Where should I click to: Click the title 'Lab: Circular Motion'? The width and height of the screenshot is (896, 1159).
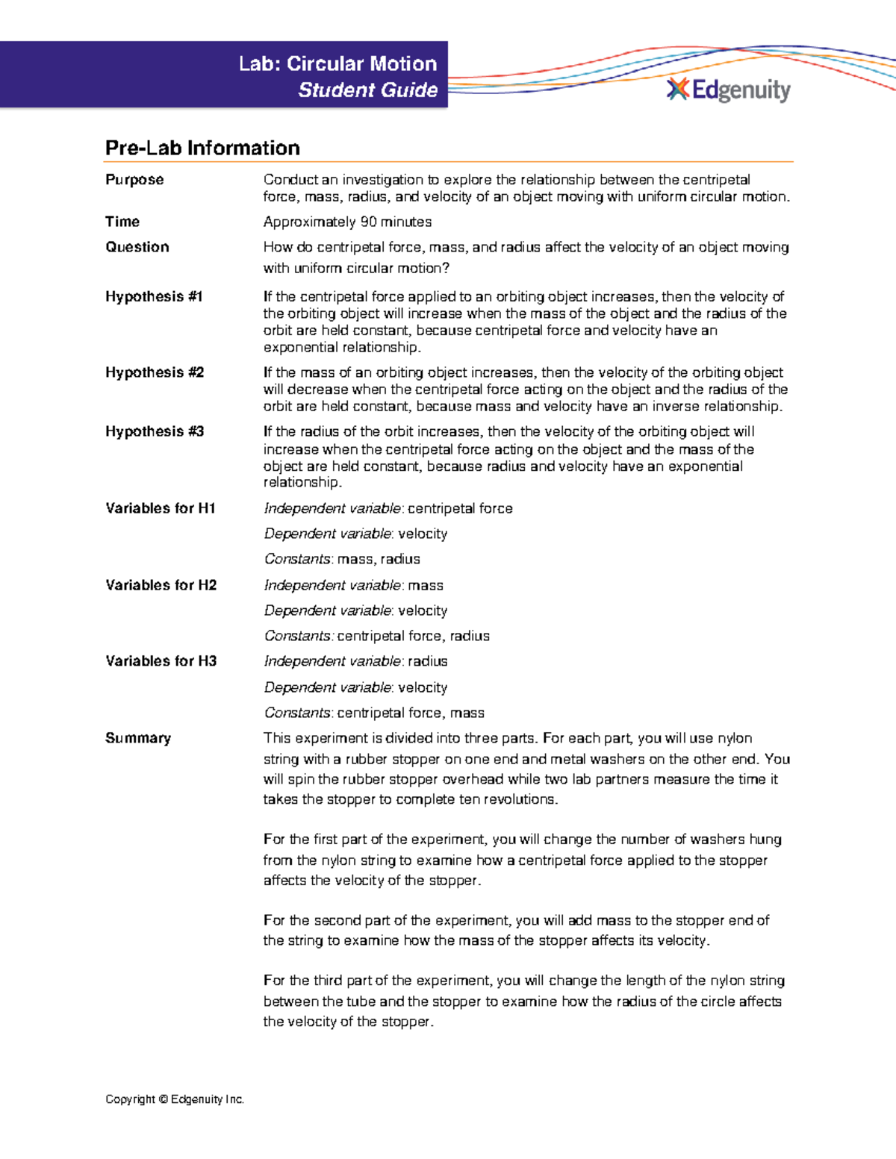337,64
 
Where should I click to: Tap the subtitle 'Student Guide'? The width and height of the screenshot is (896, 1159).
367,90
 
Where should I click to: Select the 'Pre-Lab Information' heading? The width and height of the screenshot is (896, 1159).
202,148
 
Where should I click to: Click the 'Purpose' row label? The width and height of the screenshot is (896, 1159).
134,180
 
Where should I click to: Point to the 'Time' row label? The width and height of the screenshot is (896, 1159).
122,222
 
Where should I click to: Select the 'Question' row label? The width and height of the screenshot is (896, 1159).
137,247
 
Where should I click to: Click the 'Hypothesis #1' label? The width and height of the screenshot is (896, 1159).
154,296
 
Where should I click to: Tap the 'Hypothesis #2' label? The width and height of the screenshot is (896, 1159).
155,372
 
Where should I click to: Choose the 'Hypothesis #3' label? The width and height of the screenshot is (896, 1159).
155,431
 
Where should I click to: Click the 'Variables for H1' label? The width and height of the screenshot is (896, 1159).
161,508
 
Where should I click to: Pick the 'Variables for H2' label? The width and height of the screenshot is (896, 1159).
161,585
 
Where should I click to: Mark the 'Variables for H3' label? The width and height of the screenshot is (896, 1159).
161,661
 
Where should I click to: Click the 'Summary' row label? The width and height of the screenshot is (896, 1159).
138,738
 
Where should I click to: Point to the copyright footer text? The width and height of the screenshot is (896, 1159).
175,1099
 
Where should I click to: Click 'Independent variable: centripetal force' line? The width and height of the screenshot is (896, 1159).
388,508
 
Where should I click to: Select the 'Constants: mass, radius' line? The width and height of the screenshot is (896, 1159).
342,559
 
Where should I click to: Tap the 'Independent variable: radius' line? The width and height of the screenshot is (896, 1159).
355,661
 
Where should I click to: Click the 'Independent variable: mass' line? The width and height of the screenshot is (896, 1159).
353,585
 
